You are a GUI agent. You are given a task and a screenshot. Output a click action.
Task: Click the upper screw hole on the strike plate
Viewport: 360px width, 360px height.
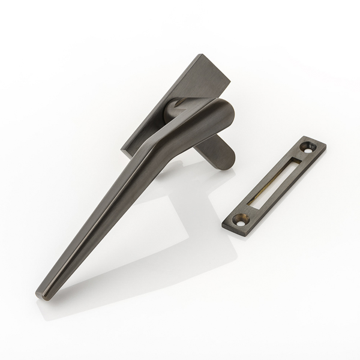click(x=310, y=145)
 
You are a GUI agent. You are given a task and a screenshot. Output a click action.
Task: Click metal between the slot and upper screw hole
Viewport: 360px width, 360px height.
click(x=300, y=156)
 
